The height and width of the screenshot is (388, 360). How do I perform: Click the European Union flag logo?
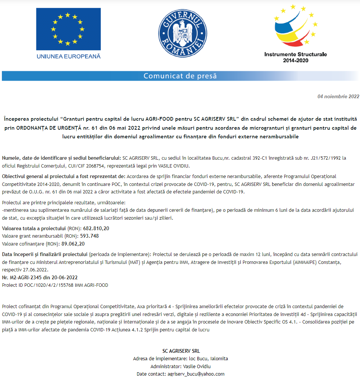[68, 28]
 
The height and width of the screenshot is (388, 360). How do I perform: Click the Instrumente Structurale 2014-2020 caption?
[295, 57]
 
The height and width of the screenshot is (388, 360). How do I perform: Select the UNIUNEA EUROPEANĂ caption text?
[68, 56]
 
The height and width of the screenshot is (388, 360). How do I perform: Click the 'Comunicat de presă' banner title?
[180, 76]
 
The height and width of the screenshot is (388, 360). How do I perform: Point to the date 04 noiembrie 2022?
[338, 96]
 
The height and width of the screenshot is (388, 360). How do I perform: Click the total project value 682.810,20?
[96, 228]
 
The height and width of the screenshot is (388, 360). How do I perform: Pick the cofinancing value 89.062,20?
[73, 244]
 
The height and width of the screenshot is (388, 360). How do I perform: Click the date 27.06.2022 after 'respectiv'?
[36, 270]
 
